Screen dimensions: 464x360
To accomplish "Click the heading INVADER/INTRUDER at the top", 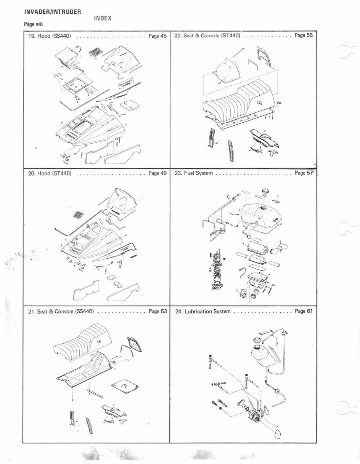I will (52, 12).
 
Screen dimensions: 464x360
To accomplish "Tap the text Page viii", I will (35, 25).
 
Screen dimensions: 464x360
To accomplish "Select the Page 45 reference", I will (157, 37).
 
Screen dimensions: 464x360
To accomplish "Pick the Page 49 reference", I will (157, 173).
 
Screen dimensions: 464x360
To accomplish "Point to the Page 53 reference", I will (157, 311).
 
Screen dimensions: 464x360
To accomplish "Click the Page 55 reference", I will (304, 36).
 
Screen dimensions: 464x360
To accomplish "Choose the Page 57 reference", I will (304, 173).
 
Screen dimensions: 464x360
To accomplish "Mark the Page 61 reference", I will (304, 311).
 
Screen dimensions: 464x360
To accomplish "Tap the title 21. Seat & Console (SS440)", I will (61, 311).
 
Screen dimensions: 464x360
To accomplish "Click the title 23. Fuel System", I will (193, 173).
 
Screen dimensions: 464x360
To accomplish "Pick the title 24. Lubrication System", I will (202, 311).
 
